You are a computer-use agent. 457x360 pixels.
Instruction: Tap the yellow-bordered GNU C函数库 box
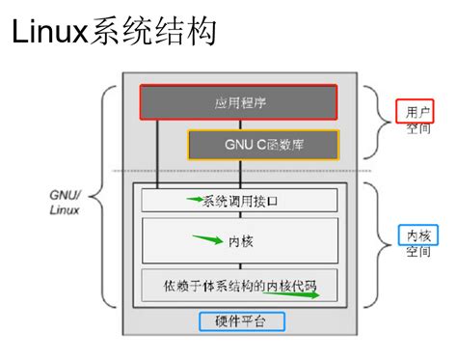click(x=262, y=145)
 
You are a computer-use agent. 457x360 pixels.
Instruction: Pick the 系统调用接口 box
click(x=239, y=200)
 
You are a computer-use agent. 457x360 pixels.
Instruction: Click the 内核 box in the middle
click(x=239, y=239)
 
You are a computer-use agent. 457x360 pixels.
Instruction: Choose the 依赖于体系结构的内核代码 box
click(x=239, y=287)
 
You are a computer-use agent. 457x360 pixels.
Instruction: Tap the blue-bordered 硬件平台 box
click(x=240, y=320)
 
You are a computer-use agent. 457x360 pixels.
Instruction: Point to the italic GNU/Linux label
click(x=66, y=200)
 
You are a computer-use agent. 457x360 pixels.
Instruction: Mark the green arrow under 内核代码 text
click(x=300, y=295)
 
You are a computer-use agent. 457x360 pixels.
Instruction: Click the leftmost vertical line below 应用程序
click(x=158, y=152)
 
